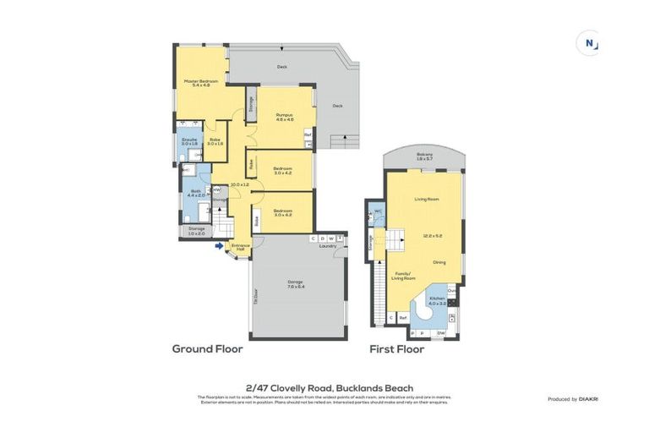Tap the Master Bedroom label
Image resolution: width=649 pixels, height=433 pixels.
click(x=200, y=81)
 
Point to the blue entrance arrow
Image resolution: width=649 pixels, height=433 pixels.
click(x=220, y=247)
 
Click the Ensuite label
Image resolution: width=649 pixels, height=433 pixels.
click(x=189, y=140)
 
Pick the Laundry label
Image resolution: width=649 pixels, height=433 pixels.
click(x=327, y=246)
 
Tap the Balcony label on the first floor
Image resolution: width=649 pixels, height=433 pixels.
click(x=424, y=154)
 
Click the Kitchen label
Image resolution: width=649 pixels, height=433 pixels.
click(x=437, y=299)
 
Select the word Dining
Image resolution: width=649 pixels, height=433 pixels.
click(x=439, y=262)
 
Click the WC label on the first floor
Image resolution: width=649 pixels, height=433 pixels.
click(x=378, y=211)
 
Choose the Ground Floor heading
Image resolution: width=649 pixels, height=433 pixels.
click(x=207, y=348)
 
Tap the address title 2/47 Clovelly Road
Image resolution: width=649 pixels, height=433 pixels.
click(x=324, y=387)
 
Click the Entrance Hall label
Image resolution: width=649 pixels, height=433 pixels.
click(x=240, y=248)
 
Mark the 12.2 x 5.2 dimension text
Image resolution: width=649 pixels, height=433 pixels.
click(x=432, y=236)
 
